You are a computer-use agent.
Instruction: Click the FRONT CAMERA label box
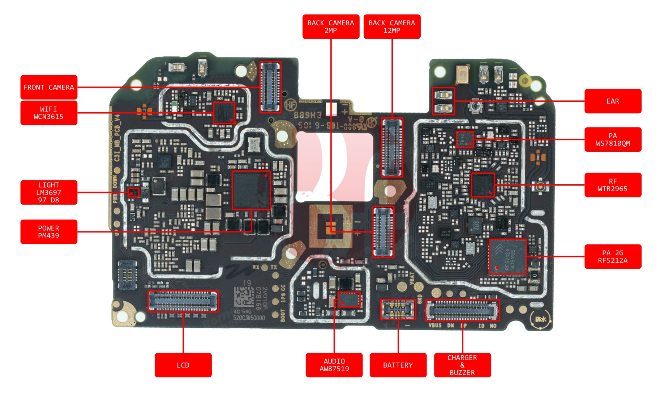coord(49,87)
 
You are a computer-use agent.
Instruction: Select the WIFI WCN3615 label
coord(49,113)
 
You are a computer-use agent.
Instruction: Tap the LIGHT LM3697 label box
coord(49,192)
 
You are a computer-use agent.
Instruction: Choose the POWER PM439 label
coord(49,232)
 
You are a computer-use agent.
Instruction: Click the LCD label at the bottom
coord(183,365)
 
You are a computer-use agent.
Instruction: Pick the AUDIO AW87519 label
coord(334,365)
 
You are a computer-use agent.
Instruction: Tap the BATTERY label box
coord(398,365)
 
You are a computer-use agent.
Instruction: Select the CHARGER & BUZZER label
coord(462,365)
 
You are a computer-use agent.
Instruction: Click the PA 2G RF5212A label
coord(613,256)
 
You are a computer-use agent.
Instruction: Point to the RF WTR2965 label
coord(613,185)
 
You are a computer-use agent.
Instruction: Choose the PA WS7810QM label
coord(613,139)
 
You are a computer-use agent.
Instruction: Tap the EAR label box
coord(613,101)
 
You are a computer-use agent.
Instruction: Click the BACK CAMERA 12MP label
coord(392,26)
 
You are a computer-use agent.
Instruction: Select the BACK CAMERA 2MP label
coord(331,26)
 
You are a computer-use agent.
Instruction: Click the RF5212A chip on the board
coord(507,256)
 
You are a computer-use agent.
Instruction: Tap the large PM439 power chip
coord(251,190)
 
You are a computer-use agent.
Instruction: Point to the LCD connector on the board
coord(183,301)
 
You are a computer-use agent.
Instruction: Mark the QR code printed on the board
coord(243,296)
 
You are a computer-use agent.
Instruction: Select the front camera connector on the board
coord(270,87)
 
